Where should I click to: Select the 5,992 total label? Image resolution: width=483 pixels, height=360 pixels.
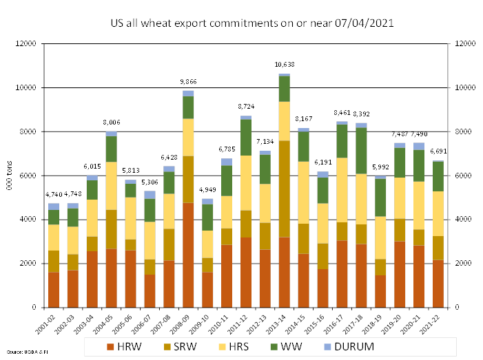click(380, 167)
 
